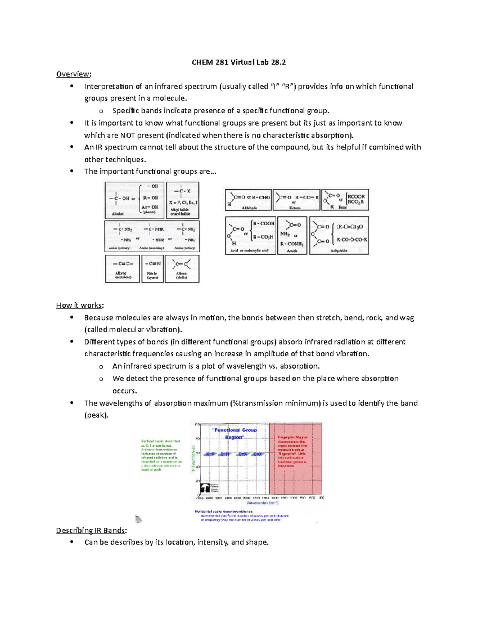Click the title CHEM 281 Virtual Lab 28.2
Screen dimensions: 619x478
click(239, 62)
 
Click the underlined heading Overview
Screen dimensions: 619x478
click(73, 74)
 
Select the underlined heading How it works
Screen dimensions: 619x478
click(79, 305)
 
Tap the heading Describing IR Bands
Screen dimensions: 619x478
click(91, 531)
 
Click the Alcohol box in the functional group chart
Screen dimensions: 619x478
click(135, 200)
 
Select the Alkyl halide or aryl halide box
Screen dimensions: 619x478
click(182, 200)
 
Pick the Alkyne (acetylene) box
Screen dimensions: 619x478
click(122, 269)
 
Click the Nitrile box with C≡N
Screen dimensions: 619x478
click(153, 269)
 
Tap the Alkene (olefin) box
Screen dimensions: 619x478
click(182, 269)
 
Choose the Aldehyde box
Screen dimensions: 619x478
click(248, 200)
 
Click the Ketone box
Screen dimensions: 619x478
click(296, 200)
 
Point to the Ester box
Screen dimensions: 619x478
click(345, 200)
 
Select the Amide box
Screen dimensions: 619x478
click(292, 235)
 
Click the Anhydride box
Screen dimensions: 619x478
click(339, 235)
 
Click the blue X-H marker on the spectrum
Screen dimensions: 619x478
click(210, 454)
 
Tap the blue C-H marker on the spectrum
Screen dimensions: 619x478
click(225, 454)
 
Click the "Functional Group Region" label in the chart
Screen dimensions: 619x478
click(235, 434)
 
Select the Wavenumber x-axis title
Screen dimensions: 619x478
click(262, 503)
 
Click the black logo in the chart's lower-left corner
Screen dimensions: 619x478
click(205, 488)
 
